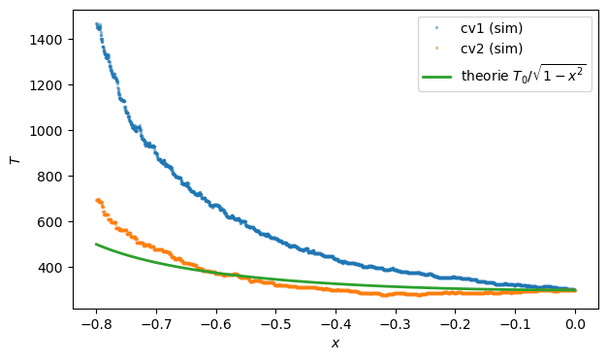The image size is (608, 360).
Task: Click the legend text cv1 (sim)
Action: pos(492,28)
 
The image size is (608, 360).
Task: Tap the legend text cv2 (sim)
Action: pos(492,48)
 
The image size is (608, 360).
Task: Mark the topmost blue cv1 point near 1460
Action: pos(97,24)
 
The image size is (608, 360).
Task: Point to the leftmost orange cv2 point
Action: pos(96,200)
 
